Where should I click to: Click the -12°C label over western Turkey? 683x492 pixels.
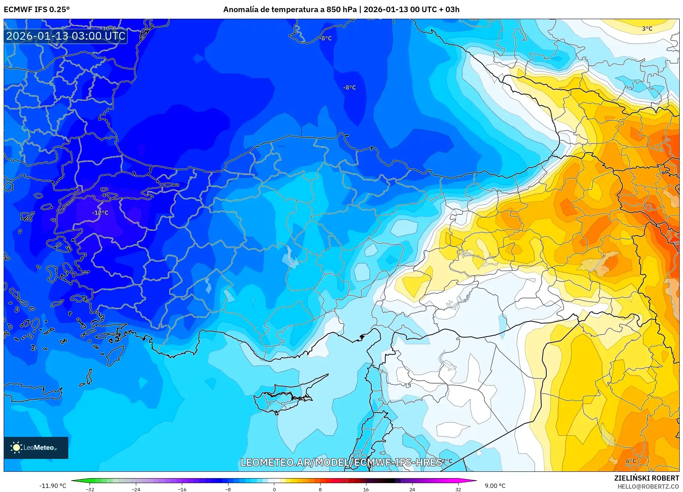click(x=100, y=213)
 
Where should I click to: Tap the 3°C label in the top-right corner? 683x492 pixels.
click(x=647, y=29)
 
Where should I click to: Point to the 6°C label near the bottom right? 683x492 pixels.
click(x=631, y=461)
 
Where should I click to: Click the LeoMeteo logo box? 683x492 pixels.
click(x=36, y=448)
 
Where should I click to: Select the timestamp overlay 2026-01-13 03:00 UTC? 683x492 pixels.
click(x=66, y=36)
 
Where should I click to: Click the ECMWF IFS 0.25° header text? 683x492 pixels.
click(x=37, y=10)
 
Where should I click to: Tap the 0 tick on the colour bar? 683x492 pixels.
click(x=274, y=489)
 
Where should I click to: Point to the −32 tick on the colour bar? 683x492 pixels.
click(x=90, y=489)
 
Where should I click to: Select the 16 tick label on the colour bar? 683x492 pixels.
click(x=366, y=489)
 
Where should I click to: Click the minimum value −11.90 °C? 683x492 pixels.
click(x=53, y=486)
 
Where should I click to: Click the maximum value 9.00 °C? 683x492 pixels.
click(x=495, y=486)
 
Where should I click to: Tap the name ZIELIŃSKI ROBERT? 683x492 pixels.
click(x=646, y=478)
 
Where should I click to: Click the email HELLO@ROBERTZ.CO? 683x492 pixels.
click(x=648, y=486)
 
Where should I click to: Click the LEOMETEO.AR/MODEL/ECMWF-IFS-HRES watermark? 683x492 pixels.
click(x=341, y=462)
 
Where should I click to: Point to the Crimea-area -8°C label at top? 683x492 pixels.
click(x=325, y=38)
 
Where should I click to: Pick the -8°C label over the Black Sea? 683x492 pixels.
click(x=350, y=87)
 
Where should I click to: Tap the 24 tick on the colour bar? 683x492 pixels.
click(x=412, y=489)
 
